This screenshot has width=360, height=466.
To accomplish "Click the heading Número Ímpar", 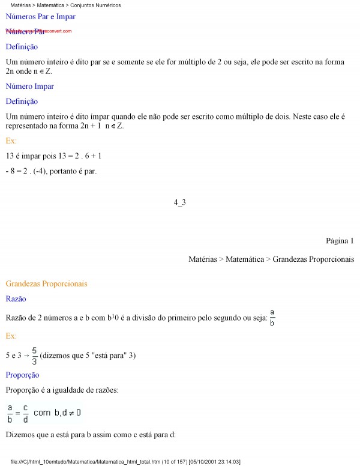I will tap(29, 86).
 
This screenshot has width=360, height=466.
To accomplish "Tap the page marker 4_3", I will tap(180, 202).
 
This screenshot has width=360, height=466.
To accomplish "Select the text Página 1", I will tap(340, 241).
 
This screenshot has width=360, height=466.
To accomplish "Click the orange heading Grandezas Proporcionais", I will tap(46, 283).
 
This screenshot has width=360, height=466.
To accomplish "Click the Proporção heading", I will tap(22, 375).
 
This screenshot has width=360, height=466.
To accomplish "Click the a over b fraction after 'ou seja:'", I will tap(272, 316).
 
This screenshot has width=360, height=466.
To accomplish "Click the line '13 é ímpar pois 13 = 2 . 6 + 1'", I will tap(53, 156).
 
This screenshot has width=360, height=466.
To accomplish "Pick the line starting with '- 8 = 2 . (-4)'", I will tap(51, 171).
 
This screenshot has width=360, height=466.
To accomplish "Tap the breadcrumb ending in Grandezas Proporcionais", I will tap(271, 259).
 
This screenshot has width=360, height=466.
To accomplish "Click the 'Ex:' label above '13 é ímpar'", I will tap(11, 141).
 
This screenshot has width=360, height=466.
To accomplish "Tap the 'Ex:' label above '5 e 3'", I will tap(11, 336).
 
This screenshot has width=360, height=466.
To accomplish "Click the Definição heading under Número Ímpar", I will tap(22, 101).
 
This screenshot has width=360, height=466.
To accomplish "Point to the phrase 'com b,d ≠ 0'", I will tap(57, 413).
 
